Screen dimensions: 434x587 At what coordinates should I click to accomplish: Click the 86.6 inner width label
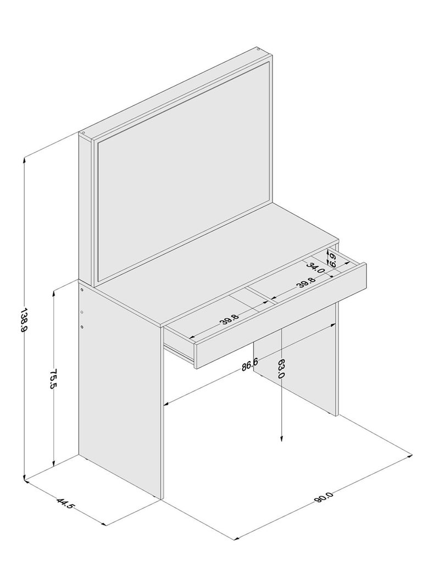[x=249, y=363]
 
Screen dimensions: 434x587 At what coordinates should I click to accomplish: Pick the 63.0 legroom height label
[x=281, y=368]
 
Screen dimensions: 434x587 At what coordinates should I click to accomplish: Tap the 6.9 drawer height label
[x=331, y=258]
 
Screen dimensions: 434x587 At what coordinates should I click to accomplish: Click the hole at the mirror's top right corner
[x=258, y=49]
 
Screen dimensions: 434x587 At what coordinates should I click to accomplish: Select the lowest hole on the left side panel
[x=82, y=327]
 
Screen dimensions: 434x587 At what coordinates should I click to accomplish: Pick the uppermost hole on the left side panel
[x=81, y=290]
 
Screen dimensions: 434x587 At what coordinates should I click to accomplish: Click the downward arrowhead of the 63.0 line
[x=281, y=440]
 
